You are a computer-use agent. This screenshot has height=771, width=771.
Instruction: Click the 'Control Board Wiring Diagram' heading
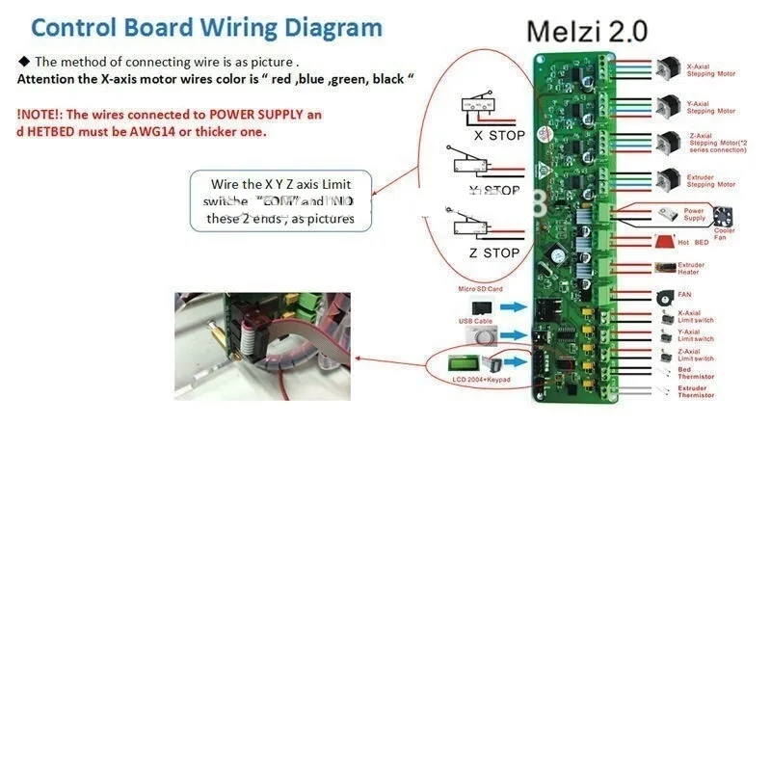(206, 27)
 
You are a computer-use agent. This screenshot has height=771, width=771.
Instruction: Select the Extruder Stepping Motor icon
(666, 178)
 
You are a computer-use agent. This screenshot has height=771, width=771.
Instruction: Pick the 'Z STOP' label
(494, 253)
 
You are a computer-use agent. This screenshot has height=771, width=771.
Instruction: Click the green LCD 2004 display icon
(467, 364)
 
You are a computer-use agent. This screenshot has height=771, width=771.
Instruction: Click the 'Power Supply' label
(695, 214)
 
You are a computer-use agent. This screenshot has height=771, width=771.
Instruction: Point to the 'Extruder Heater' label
(691, 268)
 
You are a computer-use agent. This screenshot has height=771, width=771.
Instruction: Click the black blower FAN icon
(664, 294)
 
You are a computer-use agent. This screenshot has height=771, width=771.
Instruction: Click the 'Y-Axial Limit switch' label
(696, 335)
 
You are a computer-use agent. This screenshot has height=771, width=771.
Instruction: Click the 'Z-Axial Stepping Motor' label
(717, 143)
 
